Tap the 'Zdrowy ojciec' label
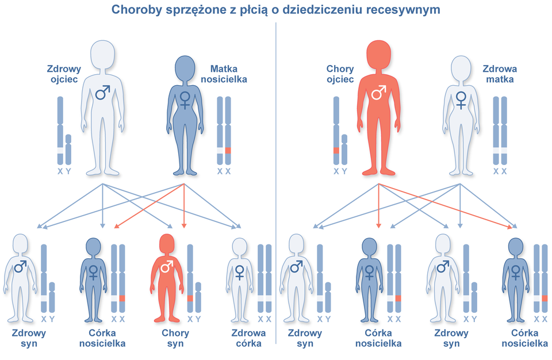click(64, 74)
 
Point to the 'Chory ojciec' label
click(340, 74)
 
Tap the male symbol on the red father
click(378, 92)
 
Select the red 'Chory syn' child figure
click(167, 276)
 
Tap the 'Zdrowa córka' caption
click(248, 338)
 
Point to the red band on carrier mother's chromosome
click(228, 151)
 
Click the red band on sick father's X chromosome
click(336, 151)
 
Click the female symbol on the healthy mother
click(461, 100)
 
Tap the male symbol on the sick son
click(167, 267)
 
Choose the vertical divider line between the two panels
click(277, 184)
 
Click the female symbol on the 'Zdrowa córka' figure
click(240, 272)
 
